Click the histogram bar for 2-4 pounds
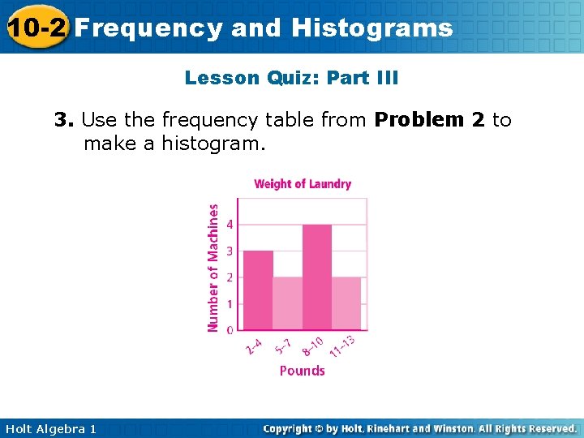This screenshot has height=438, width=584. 258,290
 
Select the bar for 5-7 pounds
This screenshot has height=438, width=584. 288,303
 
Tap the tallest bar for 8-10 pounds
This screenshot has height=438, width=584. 317,277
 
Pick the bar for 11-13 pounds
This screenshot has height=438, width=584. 346,303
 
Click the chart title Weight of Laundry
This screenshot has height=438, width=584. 303,184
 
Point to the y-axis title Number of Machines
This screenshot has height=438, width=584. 213,267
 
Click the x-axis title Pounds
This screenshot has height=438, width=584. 302,371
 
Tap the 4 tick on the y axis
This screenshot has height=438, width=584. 230,224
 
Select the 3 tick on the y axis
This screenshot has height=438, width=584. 230,251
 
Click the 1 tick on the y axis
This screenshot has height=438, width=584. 230,303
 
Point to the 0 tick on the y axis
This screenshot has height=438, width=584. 230,330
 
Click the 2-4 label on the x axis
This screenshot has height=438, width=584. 254,346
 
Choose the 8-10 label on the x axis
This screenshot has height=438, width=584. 313,346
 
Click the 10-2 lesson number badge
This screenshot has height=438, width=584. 36,28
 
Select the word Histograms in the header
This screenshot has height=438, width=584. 371,28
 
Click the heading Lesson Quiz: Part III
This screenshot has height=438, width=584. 291,78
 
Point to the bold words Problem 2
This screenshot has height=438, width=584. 429,120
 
